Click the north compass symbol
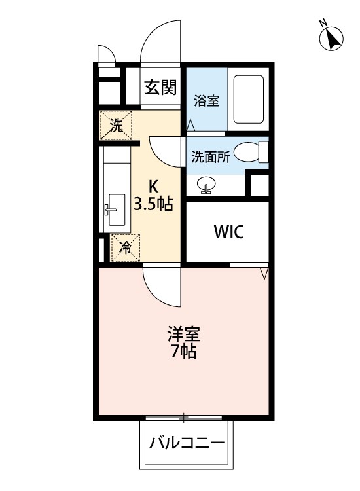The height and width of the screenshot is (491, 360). tap(331, 38)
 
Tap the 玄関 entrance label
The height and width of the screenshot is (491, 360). tap(160, 87)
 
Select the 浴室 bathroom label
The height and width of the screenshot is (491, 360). tap(206, 101)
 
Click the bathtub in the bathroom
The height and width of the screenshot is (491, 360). tap(248, 100)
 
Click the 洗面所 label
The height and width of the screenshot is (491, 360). tap(211, 156)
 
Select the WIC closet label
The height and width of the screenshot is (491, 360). tap(229, 232)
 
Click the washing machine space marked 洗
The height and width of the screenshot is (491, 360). tap(115, 125)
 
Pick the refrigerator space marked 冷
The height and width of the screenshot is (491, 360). tap(126, 247)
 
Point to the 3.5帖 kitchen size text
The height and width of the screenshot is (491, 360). tap(153, 204)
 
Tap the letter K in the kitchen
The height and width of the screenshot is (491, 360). tap(153, 187)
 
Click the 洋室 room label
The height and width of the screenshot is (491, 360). tap(184, 334)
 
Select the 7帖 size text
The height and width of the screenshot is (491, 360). tap(184, 352)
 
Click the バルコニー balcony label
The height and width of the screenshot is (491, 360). tap(187, 443)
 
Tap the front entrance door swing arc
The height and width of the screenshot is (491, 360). tap(150, 35)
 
